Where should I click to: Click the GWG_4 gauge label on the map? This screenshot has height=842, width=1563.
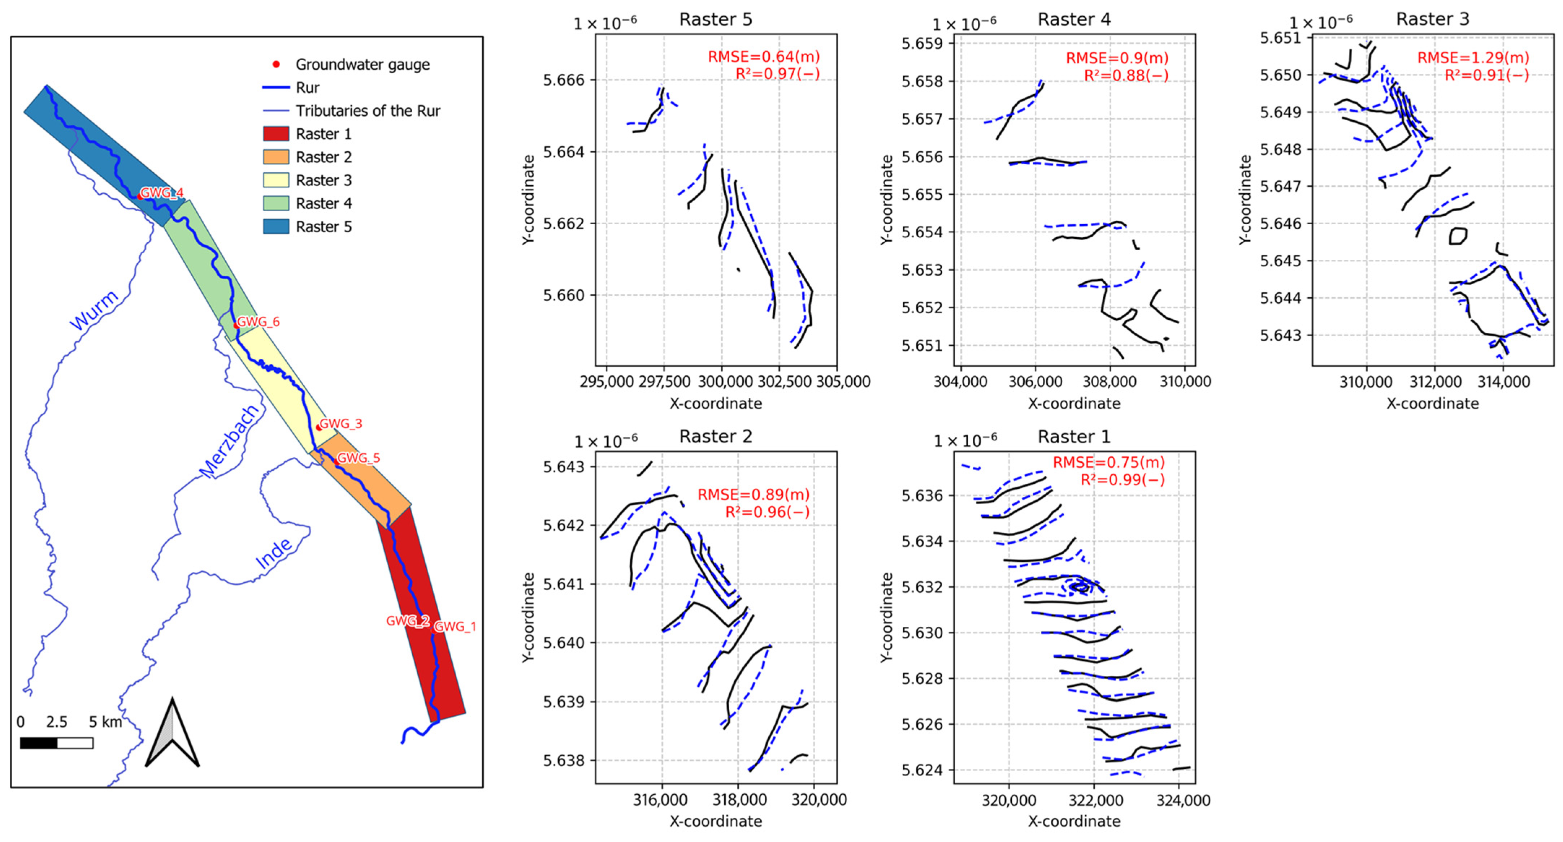coord(161,193)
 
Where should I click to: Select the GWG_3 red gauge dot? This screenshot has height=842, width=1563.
coord(318,427)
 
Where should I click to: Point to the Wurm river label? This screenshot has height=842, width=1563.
coord(94,310)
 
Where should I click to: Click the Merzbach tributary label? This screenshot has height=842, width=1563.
coord(229,441)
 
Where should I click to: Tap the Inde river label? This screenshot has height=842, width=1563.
coord(274,554)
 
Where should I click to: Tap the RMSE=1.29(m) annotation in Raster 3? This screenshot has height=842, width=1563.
coord(1473,58)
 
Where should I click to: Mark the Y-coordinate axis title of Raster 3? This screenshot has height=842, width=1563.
coord(1245,199)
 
